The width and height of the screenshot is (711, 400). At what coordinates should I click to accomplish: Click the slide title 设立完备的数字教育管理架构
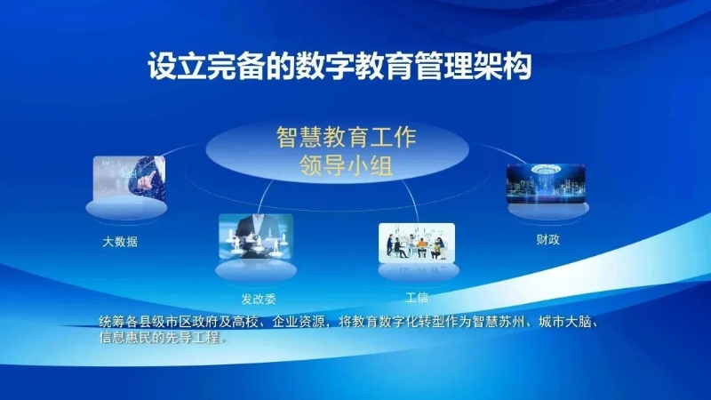[340, 66]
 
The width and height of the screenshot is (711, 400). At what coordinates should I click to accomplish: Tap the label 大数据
[120, 242]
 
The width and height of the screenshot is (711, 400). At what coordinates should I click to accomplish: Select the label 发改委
[259, 299]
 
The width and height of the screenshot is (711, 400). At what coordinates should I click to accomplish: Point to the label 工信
[416, 298]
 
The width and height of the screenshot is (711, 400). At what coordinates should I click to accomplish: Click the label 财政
[547, 239]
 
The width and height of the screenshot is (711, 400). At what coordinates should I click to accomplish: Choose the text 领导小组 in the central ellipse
[346, 166]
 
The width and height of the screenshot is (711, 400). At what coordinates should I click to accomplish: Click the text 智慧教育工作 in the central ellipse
[346, 137]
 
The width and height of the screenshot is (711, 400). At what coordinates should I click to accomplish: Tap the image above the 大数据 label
[129, 178]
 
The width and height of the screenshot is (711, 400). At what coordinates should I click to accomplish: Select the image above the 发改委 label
[256, 236]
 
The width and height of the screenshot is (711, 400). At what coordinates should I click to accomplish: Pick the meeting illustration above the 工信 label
[417, 243]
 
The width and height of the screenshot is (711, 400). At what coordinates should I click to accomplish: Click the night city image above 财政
[546, 183]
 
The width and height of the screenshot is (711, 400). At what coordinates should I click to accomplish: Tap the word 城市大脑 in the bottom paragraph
[565, 322]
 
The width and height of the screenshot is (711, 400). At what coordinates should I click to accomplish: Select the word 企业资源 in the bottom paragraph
[299, 322]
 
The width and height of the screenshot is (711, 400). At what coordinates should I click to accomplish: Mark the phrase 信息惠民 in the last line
[125, 338]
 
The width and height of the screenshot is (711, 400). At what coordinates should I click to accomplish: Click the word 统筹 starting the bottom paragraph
[112, 322]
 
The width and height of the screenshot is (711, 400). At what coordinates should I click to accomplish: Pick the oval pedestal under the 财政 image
[547, 211]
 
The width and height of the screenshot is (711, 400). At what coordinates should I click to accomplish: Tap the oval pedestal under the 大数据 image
[126, 209]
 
